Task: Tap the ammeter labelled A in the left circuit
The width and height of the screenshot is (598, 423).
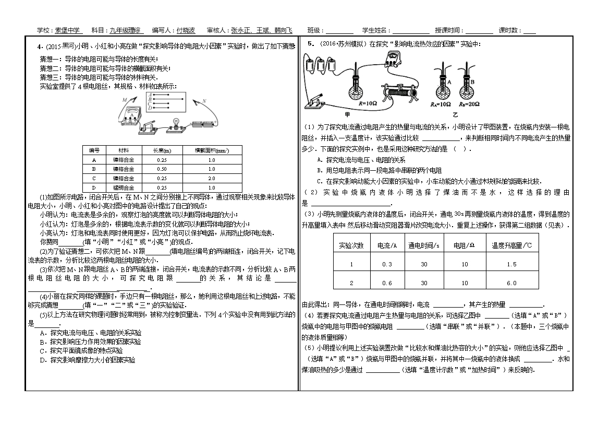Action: (x=128, y=115)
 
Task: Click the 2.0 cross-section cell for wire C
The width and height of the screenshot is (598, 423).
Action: (x=212, y=178)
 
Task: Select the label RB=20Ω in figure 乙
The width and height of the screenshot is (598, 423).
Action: (x=467, y=104)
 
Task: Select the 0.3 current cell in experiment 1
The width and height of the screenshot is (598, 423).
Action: (x=387, y=264)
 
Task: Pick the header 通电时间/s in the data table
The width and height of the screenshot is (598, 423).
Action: (x=423, y=245)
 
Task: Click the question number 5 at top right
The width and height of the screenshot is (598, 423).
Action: (x=310, y=43)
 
